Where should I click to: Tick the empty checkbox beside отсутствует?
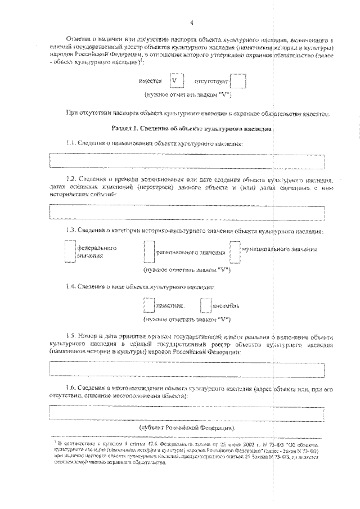point(238,82)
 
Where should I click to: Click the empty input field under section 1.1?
point(187,160)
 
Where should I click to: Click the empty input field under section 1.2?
point(187,211)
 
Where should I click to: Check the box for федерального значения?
point(69,251)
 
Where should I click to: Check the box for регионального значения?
point(148,252)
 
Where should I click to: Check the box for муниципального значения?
point(235,252)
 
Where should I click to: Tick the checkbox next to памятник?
point(148,305)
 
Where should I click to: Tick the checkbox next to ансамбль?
point(206,305)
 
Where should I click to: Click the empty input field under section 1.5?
point(187,369)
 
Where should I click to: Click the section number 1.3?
point(71,231)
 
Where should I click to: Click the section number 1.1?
point(71,144)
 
